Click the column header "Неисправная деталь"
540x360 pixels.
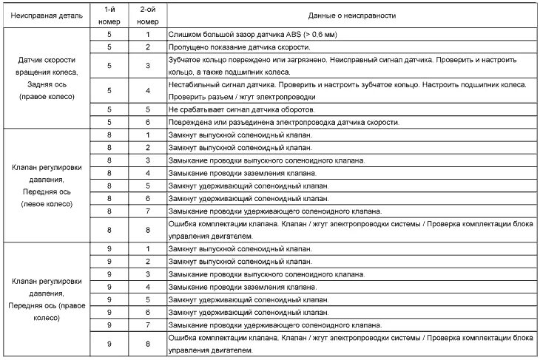point(48,14)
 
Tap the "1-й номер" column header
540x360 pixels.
point(109,14)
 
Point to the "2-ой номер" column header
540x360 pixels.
point(147,14)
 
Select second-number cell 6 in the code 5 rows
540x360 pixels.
point(147,122)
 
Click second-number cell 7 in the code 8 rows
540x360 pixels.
point(147,211)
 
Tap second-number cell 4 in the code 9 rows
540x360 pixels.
point(147,286)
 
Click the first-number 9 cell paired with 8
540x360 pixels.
point(109,344)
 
